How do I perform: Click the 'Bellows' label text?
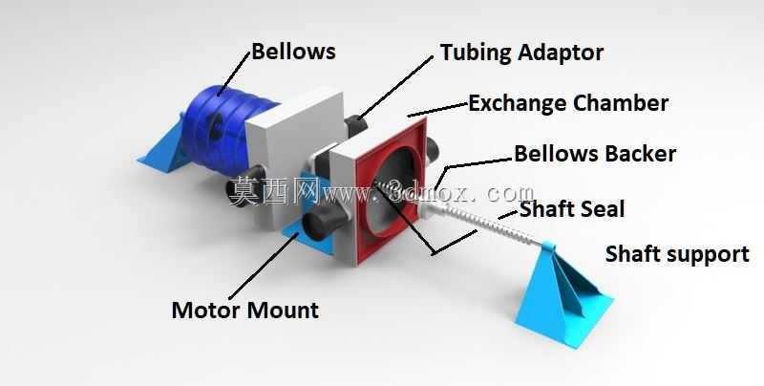[293, 52]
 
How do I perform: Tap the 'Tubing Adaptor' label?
[521, 53]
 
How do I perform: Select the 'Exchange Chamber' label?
[568, 103]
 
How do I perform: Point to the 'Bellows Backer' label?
[595, 154]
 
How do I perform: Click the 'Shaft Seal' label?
[572, 209]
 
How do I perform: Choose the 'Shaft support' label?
[677, 254]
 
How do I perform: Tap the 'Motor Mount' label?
[245, 310]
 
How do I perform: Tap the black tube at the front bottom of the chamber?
[323, 225]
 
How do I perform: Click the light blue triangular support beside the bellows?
[162, 145]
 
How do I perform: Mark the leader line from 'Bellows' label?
[233, 74]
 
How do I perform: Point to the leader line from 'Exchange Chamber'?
[437, 110]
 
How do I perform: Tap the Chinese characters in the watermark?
[274, 191]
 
